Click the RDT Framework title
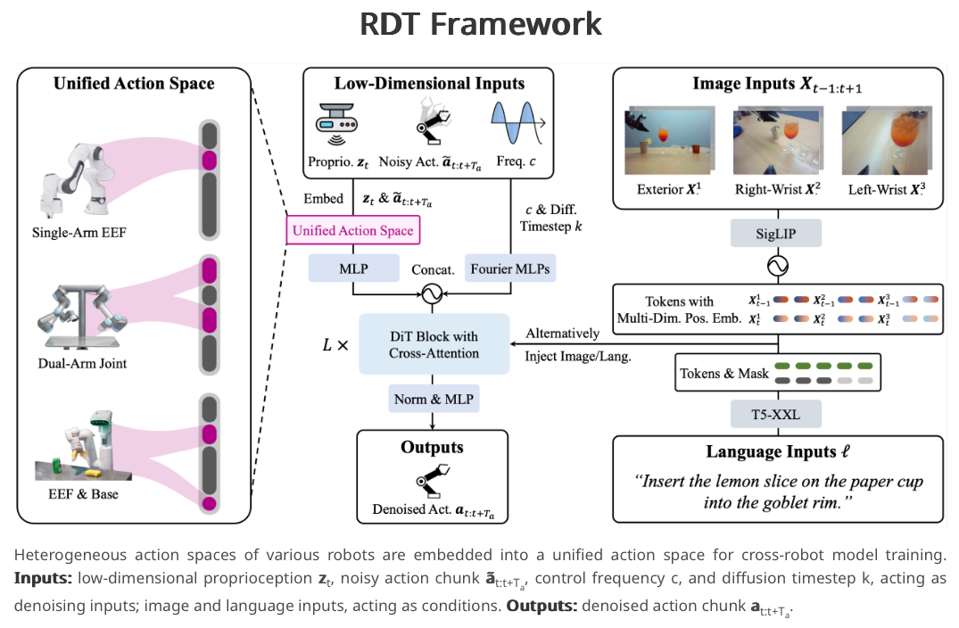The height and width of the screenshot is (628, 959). coord(480,24)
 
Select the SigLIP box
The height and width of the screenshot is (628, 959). coord(776,235)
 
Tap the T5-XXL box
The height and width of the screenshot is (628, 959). coord(776,414)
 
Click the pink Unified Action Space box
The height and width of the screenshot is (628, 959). coord(353,231)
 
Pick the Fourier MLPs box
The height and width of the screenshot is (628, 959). coord(510,267)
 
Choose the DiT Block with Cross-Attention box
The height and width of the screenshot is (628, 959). coord(434,344)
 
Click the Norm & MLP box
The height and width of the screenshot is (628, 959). coord(434,399)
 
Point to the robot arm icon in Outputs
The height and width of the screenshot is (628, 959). coord(434,482)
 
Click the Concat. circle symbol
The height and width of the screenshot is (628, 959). coord(434,293)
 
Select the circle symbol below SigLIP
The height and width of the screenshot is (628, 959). coord(776,267)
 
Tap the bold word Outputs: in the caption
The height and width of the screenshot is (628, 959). coord(542,607)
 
